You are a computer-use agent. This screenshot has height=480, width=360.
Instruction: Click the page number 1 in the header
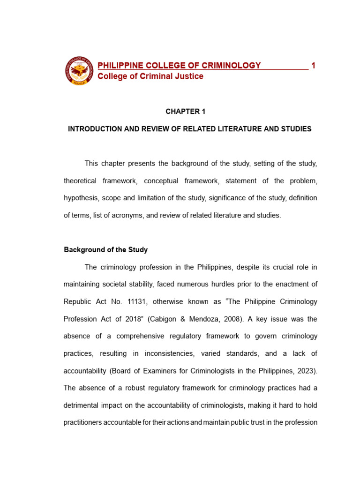(313, 66)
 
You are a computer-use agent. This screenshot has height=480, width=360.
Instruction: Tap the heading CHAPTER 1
(186, 112)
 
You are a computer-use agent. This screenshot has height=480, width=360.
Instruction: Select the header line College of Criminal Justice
(150, 76)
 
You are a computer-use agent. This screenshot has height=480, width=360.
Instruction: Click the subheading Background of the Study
(105, 250)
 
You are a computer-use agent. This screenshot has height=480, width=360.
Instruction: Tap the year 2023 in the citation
(306, 371)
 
